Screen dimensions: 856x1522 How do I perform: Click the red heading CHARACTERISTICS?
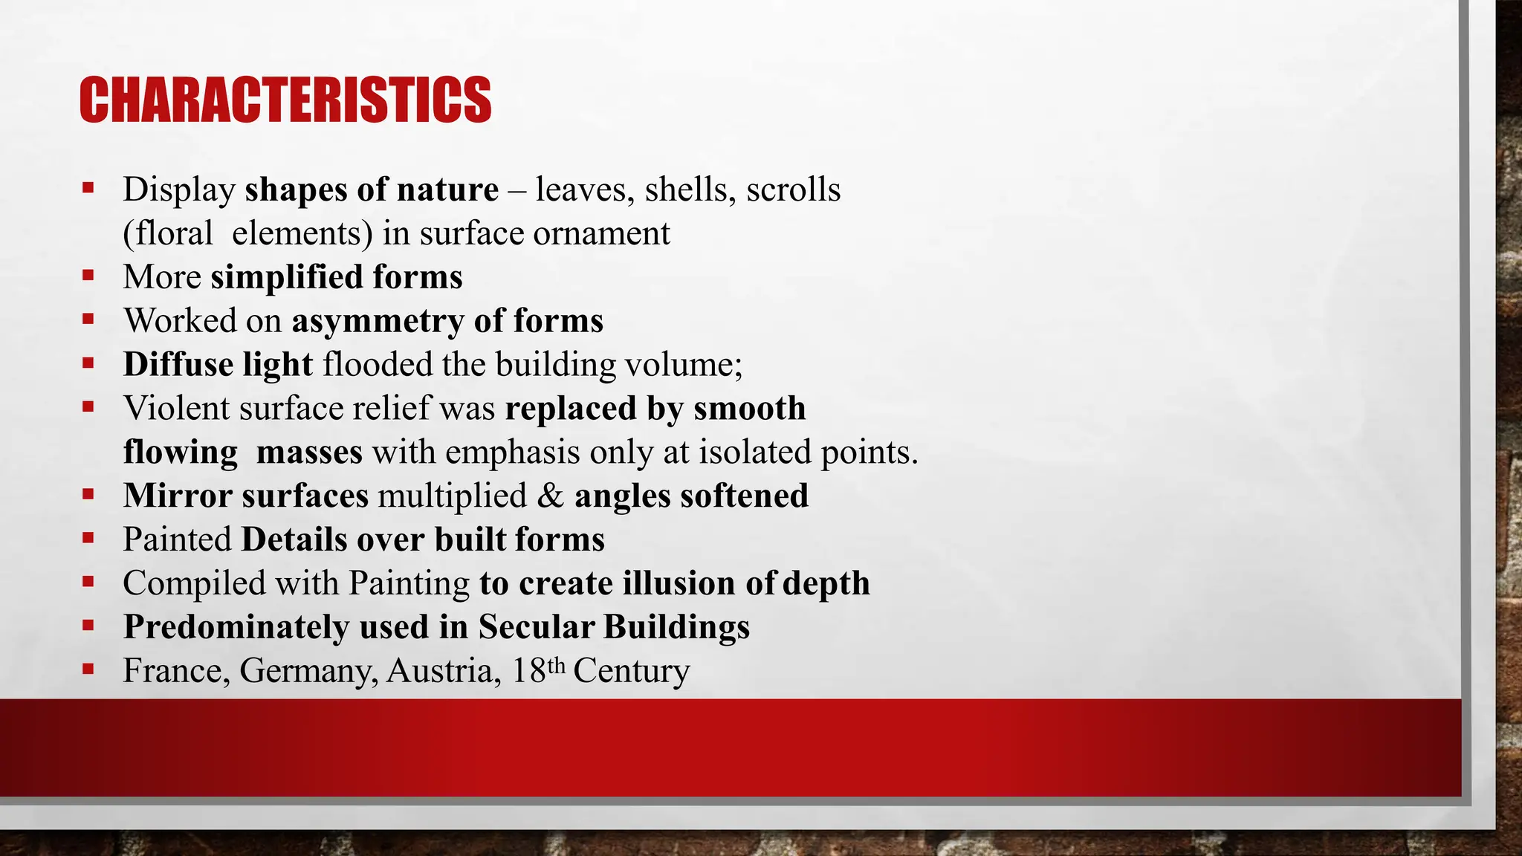[285, 100]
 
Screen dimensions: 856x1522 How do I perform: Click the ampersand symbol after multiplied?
[551, 496]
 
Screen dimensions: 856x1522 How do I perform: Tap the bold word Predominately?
[236, 627]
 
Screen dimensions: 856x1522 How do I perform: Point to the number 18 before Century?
[529, 671]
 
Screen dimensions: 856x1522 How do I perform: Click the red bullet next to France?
[88, 669]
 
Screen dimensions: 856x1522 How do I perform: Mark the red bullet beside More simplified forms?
[88, 276]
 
